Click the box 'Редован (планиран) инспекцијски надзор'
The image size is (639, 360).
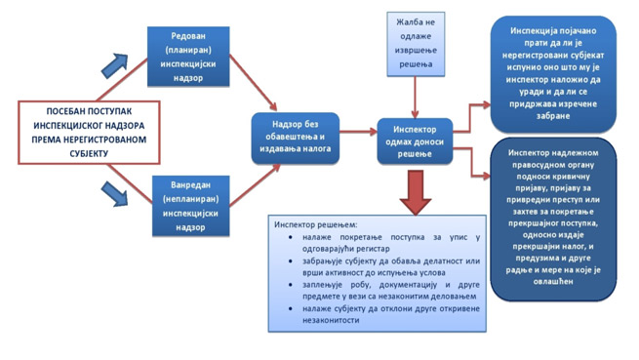tap(188, 57)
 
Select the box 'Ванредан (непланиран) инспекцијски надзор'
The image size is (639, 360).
tap(190, 206)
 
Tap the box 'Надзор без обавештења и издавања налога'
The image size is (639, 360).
tap(296, 139)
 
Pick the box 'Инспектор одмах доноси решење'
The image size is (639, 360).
tap(415, 141)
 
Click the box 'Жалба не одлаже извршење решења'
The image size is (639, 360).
tap(416, 44)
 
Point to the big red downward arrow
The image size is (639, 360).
tap(416, 192)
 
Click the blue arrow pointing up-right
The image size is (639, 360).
tap(115, 65)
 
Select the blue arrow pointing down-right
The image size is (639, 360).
tap(114, 194)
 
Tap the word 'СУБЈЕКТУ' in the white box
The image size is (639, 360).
tap(89, 154)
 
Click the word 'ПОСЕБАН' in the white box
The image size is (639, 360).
tap(63, 111)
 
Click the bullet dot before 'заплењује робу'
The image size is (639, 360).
tap(290, 285)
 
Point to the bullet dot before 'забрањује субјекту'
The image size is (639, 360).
tap(290, 260)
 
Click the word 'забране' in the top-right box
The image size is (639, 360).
tap(553, 116)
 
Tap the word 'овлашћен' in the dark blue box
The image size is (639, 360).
tap(553, 281)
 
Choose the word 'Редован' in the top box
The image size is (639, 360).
tap(188, 36)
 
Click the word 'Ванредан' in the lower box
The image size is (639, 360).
tap(190, 185)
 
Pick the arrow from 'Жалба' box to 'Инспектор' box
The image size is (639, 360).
tap(416, 98)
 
